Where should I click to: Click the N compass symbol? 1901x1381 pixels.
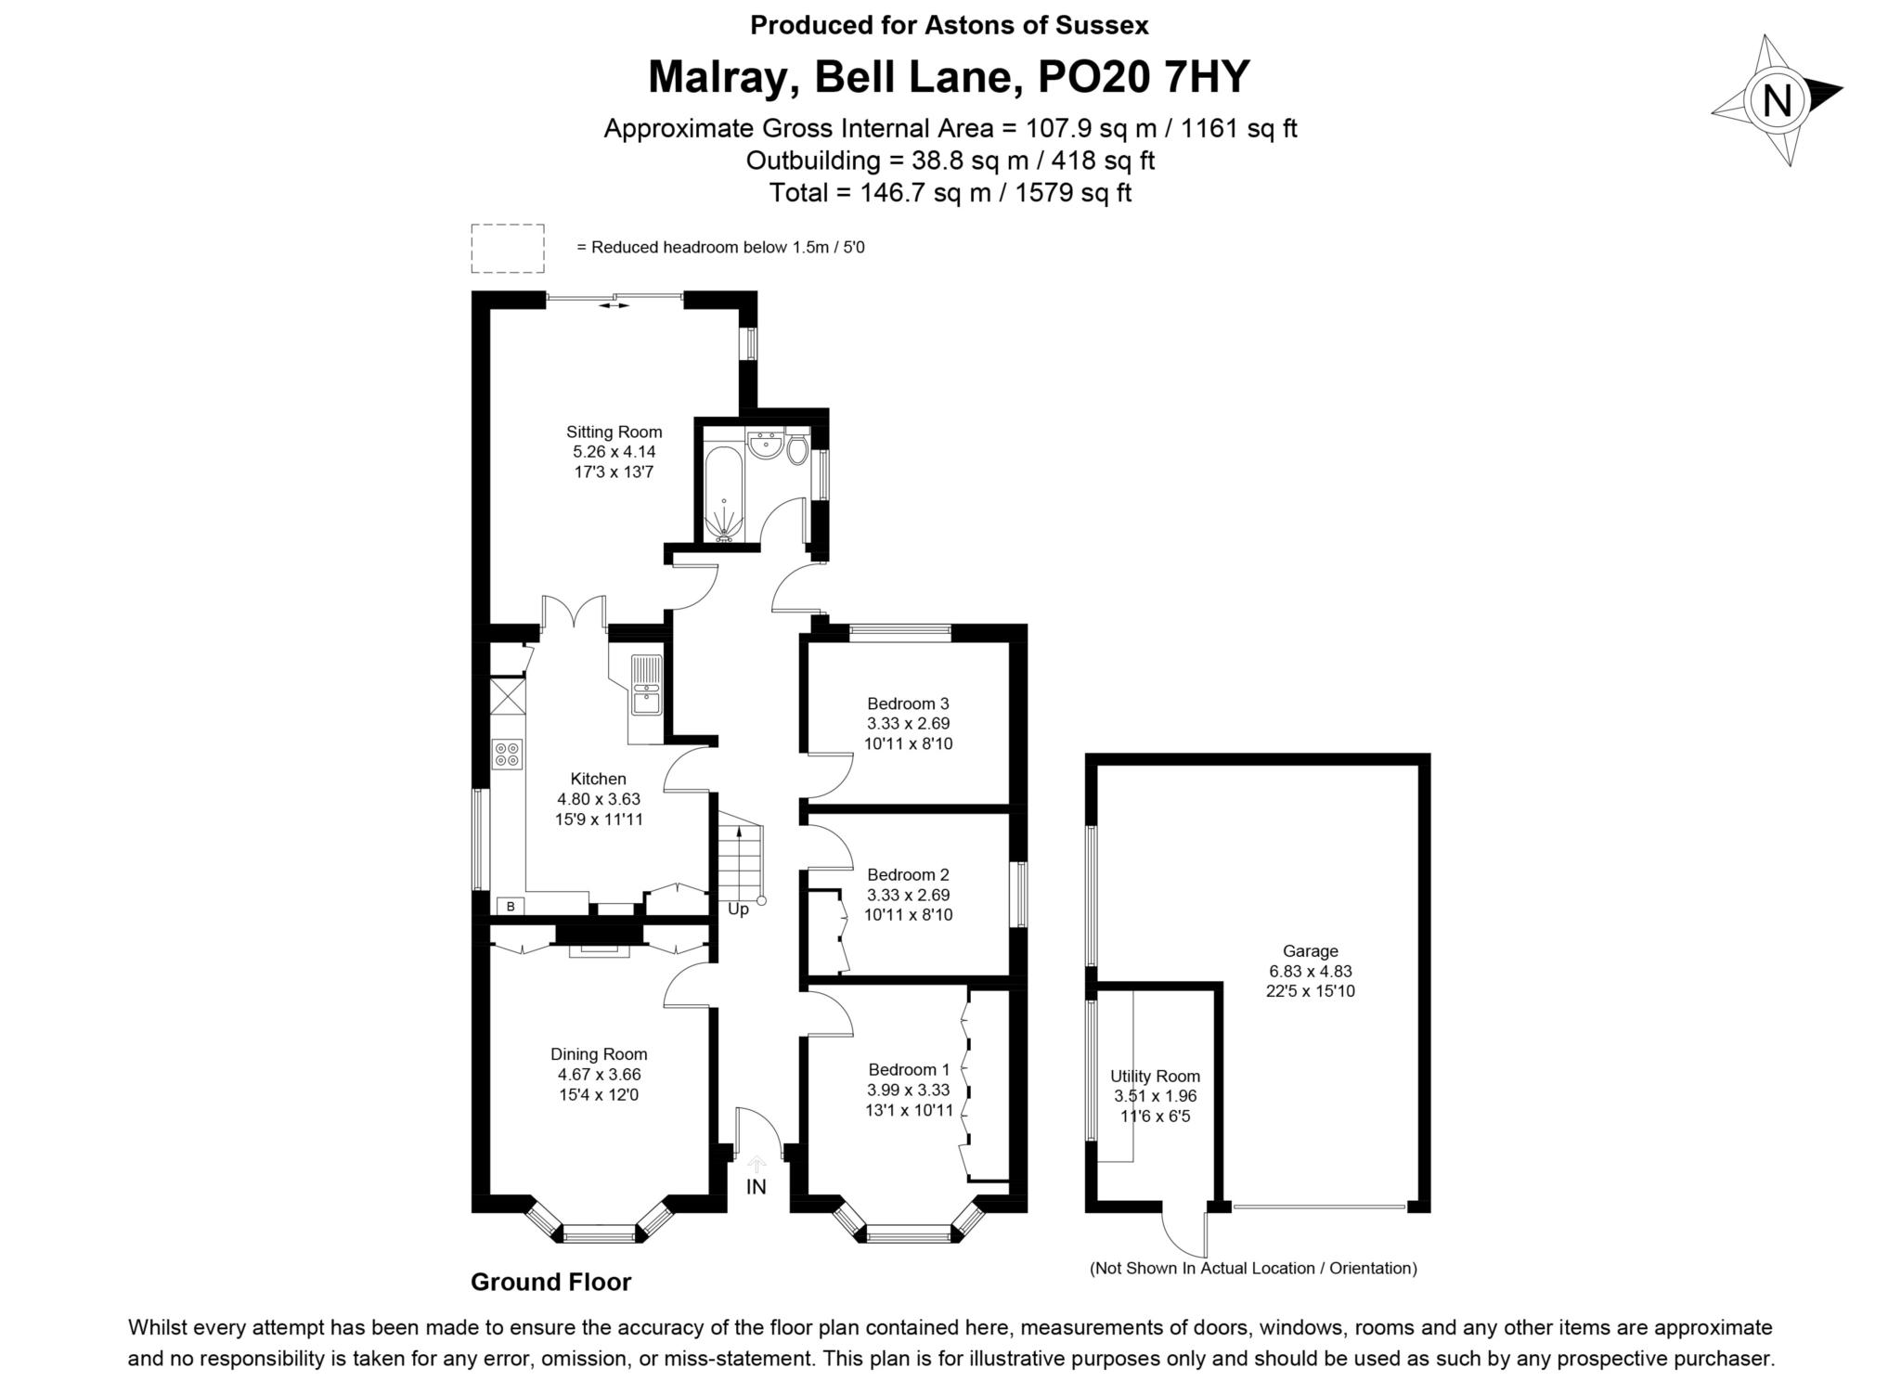tap(1776, 100)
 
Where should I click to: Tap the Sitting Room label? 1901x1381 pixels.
tap(614, 432)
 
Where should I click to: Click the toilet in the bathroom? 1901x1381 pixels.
tap(796, 450)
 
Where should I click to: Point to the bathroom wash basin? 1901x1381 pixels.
tap(765, 446)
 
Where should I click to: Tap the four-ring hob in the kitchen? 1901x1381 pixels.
tap(508, 754)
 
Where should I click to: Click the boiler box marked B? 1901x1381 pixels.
tap(511, 906)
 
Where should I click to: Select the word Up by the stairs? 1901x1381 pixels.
tap(738, 910)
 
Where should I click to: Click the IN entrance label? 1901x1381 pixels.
tap(757, 1186)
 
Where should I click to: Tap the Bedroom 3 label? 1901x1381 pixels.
tap(908, 703)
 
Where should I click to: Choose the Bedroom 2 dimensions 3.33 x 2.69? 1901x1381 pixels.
tap(908, 895)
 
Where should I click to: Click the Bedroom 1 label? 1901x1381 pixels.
tap(909, 1069)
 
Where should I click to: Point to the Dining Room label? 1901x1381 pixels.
tap(599, 1054)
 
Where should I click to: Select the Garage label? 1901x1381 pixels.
tap(1311, 951)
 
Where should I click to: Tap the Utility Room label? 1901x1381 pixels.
tap(1156, 1077)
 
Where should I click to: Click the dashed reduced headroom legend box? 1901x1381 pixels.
tap(508, 249)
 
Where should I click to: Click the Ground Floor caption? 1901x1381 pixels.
tap(551, 1283)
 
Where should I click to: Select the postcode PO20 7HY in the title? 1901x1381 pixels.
tap(1144, 77)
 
